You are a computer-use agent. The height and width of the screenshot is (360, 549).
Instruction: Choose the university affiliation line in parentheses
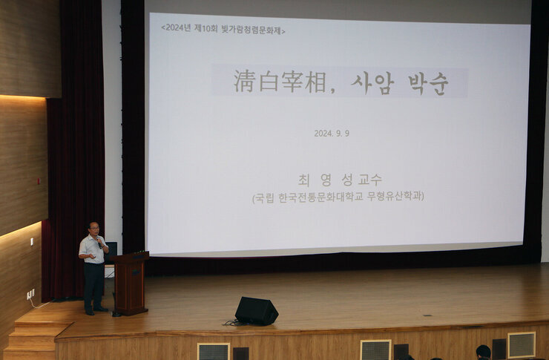338,197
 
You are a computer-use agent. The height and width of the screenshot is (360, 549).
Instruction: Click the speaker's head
93,228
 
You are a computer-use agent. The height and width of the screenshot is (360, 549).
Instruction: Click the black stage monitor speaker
256,310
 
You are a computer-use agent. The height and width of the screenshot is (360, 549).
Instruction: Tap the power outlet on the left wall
30,294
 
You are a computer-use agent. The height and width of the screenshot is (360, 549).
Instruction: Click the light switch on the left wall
32,241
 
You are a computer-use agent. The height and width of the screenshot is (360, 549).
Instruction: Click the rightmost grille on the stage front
521,344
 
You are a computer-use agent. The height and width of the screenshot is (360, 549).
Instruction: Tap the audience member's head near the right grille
484,351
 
